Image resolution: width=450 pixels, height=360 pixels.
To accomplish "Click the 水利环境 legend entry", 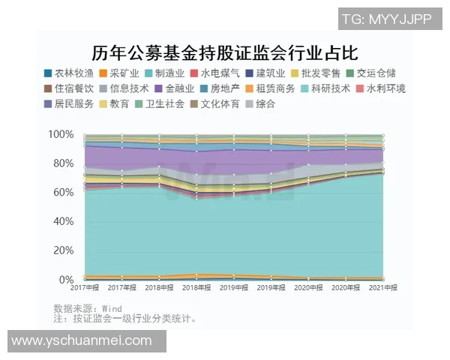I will pos(380,88).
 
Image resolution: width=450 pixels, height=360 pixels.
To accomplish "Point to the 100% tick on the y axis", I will pos(61,134).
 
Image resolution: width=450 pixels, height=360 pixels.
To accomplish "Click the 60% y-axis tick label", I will pos(63,193).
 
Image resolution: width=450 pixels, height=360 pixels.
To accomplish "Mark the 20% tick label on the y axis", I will pos(63,251).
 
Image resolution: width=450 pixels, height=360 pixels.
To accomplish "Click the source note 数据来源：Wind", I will pos(88,308).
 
